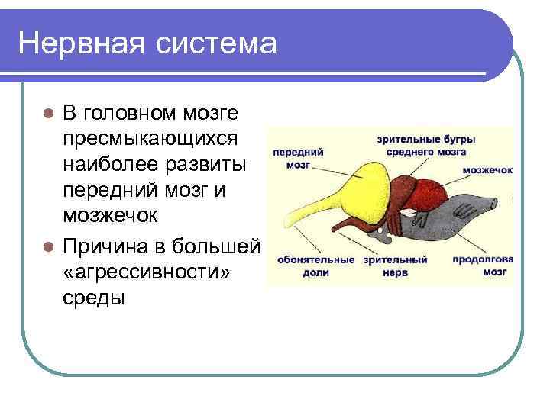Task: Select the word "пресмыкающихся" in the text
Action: pos(150,140)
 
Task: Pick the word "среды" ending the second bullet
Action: pos(93,298)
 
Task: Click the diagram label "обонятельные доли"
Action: pos(316,264)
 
